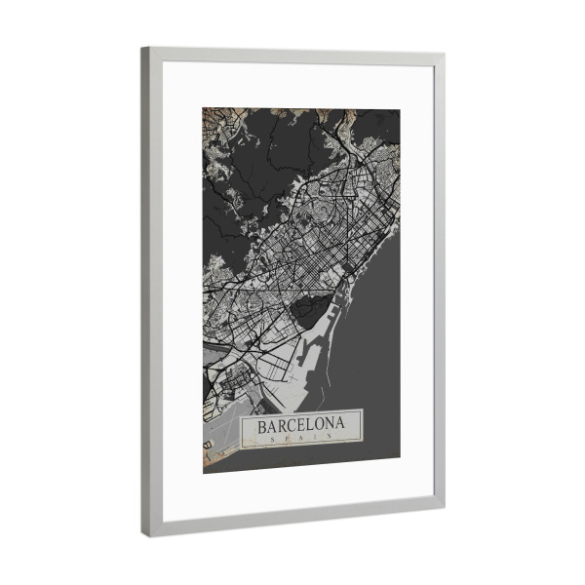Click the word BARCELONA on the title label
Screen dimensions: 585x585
[301, 426]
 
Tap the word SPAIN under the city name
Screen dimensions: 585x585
[301, 439]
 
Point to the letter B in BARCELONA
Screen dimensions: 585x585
[262, 426]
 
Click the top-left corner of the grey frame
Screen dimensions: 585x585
[142, 48]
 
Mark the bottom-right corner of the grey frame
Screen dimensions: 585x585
[444, 505]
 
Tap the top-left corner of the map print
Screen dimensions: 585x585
[203, 106]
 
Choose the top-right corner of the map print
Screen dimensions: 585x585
[400, 110]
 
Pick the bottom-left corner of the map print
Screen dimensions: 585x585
[203, 473]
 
